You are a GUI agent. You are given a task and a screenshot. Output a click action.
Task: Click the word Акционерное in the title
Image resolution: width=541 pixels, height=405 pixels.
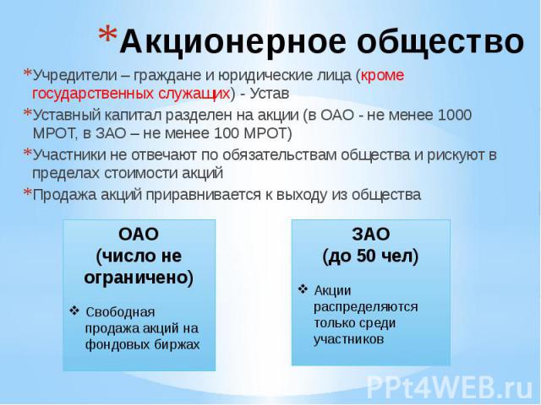[232, 42]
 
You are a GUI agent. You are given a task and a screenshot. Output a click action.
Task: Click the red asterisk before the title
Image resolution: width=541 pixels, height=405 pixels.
[107, 35]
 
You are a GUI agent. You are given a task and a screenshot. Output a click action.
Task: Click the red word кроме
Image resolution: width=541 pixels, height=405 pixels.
[382, 76]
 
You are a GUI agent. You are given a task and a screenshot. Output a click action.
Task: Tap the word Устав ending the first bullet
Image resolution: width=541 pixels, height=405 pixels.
[269, 94]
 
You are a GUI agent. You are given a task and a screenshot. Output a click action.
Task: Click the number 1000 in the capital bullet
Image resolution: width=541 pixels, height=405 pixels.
[454, 115]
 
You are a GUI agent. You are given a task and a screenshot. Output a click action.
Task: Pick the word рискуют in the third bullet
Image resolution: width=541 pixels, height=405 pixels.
[456, 155]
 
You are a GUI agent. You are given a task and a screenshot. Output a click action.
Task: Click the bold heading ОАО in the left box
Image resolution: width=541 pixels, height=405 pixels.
[139, 235]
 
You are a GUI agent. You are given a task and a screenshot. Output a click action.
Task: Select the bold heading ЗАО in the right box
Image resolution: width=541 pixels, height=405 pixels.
[371, 235]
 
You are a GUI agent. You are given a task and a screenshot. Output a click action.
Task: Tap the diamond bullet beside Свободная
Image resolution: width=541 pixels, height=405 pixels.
[74, 311]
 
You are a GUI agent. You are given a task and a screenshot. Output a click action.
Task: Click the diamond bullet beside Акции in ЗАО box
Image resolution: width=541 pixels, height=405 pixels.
[303, 289]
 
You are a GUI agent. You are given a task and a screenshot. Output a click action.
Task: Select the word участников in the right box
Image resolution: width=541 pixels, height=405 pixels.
[348, 339]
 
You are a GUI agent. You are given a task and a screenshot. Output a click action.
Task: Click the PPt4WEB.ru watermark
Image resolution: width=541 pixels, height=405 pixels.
[450, 387]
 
